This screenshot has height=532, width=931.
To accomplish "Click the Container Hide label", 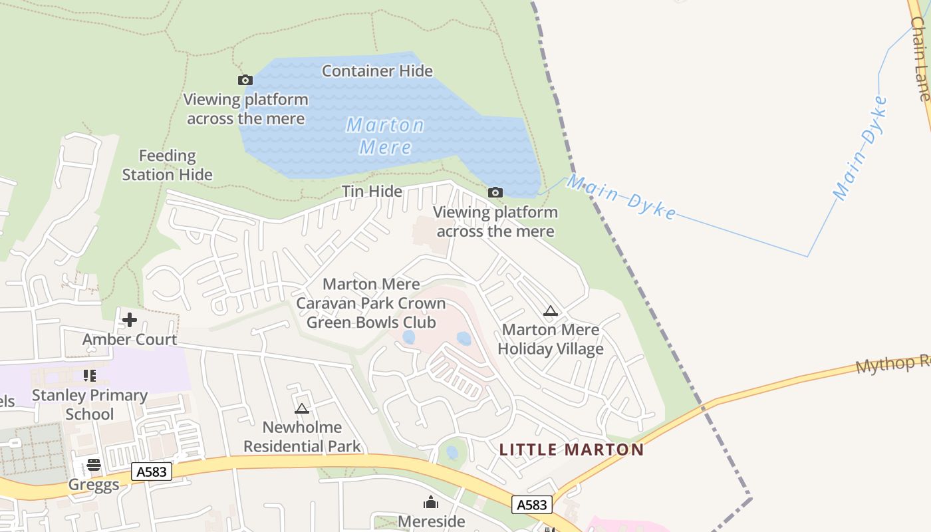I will point(377,70).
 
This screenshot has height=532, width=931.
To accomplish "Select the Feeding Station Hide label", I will point(167,165).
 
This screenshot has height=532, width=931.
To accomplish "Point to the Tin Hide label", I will point(372,192).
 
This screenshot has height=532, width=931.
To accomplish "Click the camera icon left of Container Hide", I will point(245,80).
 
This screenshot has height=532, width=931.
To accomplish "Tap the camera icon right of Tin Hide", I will point(495,193).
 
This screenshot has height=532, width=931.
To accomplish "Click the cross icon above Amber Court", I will point(129,320).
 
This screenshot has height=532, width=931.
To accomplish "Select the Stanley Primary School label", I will point(90,404).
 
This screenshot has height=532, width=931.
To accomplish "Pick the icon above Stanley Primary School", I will point(90,376).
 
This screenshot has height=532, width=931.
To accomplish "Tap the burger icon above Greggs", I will point(94,464).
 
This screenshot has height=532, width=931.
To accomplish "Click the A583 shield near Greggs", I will point(152,471).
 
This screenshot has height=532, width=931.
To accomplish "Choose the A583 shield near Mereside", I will point(532,505).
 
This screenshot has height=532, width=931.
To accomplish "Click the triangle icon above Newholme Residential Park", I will point(302,408).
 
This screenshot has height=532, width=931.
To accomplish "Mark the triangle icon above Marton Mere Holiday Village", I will point(550,311).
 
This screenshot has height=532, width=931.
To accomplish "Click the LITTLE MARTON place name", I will point(571,450).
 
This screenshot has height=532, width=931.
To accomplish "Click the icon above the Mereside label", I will point(431,502).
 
